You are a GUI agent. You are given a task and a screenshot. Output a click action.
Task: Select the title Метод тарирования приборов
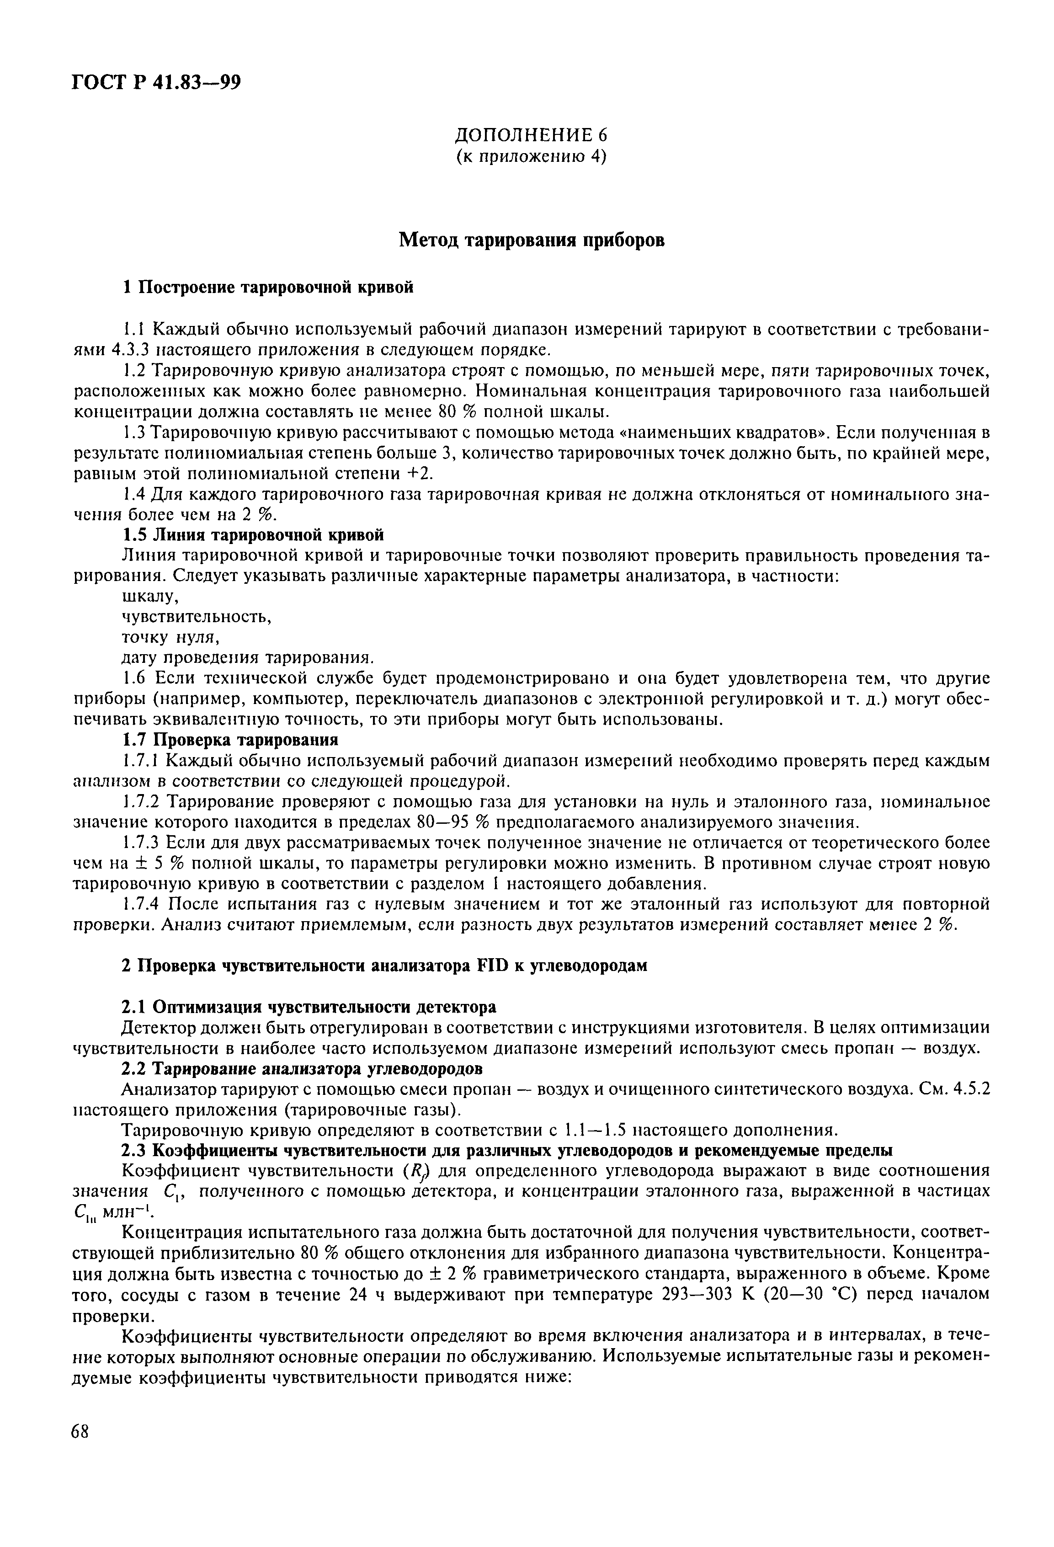pos(531,240)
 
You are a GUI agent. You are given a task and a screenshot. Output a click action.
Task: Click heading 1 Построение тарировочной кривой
pos(268,287)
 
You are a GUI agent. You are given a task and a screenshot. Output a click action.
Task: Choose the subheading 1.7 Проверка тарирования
pos(230,740)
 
